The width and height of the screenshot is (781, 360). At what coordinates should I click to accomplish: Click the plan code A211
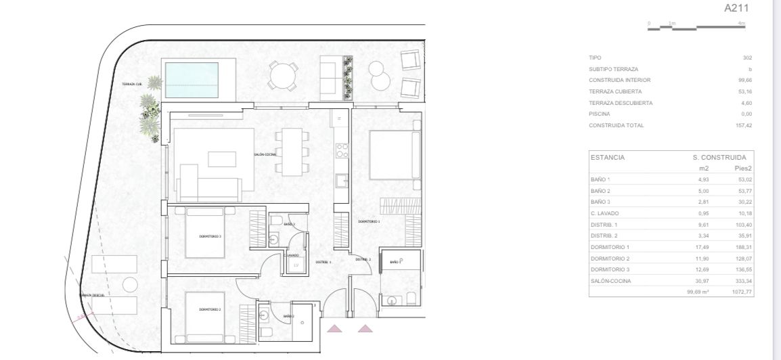coord(737,9)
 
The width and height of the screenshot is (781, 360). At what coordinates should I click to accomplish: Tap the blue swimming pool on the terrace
coord(192,80)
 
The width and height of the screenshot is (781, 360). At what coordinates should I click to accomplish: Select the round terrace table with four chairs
coord(283,75)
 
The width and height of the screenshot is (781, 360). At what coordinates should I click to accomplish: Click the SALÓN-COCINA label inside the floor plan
coord(265,154)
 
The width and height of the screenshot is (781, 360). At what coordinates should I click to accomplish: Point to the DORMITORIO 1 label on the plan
coord(369,221)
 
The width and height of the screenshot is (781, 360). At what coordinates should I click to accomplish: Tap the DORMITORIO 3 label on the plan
coord(210,236)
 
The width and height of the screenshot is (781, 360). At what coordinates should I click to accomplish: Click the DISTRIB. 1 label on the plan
coord(323,261)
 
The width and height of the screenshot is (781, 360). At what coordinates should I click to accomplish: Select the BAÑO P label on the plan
coord(396,261)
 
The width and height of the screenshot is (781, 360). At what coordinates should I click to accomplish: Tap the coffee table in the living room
coord(221,159)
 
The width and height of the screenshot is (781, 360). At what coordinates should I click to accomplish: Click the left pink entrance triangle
coord(334,329)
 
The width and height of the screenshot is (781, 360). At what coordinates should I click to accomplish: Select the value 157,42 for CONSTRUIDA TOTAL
coord(744,125)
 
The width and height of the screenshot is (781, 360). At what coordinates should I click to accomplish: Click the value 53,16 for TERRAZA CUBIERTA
coord(744,91)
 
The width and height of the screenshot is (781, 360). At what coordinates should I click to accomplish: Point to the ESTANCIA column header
coord(607,157)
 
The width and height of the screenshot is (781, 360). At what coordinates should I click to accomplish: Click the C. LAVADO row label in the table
coord(604,213)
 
